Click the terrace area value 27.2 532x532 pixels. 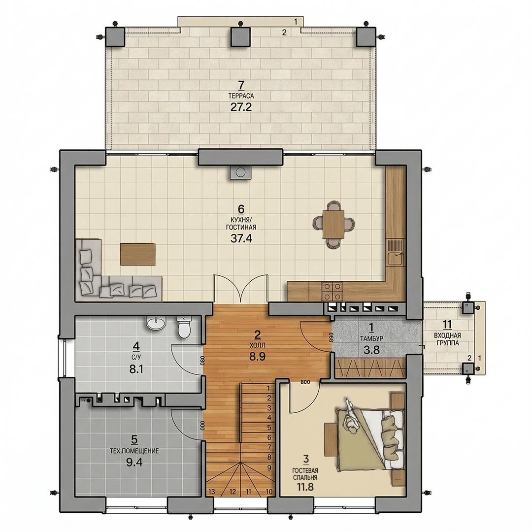point(241,107)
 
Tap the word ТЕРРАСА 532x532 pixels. point(241,96)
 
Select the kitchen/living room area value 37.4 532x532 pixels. point(241,238)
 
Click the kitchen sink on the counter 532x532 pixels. point(395,259)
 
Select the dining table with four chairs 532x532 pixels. point(333,224)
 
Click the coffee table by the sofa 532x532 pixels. point(138,254)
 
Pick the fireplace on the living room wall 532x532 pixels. point(241,172)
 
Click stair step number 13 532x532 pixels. point(212,491)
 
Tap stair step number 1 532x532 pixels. point(269,389)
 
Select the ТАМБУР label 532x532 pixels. point(371,338)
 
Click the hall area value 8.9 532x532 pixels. point(257,357)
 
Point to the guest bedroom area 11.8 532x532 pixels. point(305,487)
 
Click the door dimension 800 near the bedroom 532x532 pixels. point(305,382)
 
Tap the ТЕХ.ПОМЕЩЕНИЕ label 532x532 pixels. point(134,451)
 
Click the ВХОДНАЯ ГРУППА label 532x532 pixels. point(447,339)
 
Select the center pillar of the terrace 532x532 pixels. point(240,37)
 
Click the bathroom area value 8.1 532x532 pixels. point(136,369)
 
